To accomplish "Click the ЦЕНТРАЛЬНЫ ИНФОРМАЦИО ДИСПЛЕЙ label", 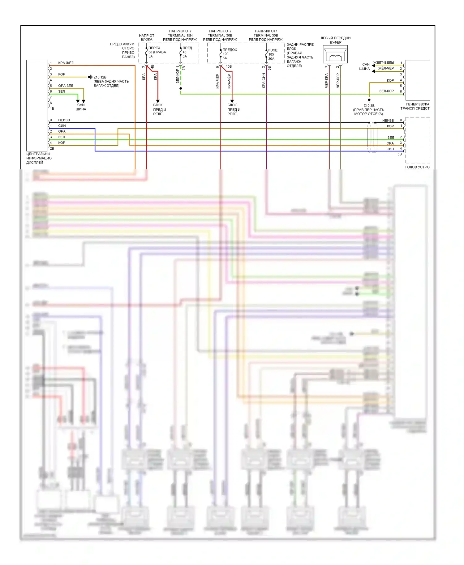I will [39, 158].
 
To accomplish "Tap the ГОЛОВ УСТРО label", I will [417, 167].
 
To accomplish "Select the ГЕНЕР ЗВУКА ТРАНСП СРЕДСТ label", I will [415, 106].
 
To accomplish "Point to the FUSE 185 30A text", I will [272, 54].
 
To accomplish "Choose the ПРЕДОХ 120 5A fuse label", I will [229, 54].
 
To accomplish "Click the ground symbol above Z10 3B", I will [369, 100].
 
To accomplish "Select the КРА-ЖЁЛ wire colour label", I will [66, 63].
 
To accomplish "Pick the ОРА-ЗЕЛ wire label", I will [66, 86].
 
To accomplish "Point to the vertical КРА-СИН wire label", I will [264, 81].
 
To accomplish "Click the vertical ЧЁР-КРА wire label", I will [326, 81].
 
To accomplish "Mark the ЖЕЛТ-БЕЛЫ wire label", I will [384, 63].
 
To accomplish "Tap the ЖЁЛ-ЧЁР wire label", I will [386, 68].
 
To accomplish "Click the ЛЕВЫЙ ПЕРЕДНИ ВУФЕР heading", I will [335, 40].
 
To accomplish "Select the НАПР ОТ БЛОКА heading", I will [147, 37].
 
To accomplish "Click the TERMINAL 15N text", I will [180, 35].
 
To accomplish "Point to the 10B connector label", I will [229, 66].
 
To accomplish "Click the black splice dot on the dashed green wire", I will [181, 88].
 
